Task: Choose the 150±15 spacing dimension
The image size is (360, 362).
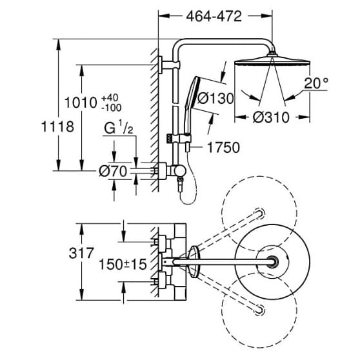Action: point(121,264)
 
